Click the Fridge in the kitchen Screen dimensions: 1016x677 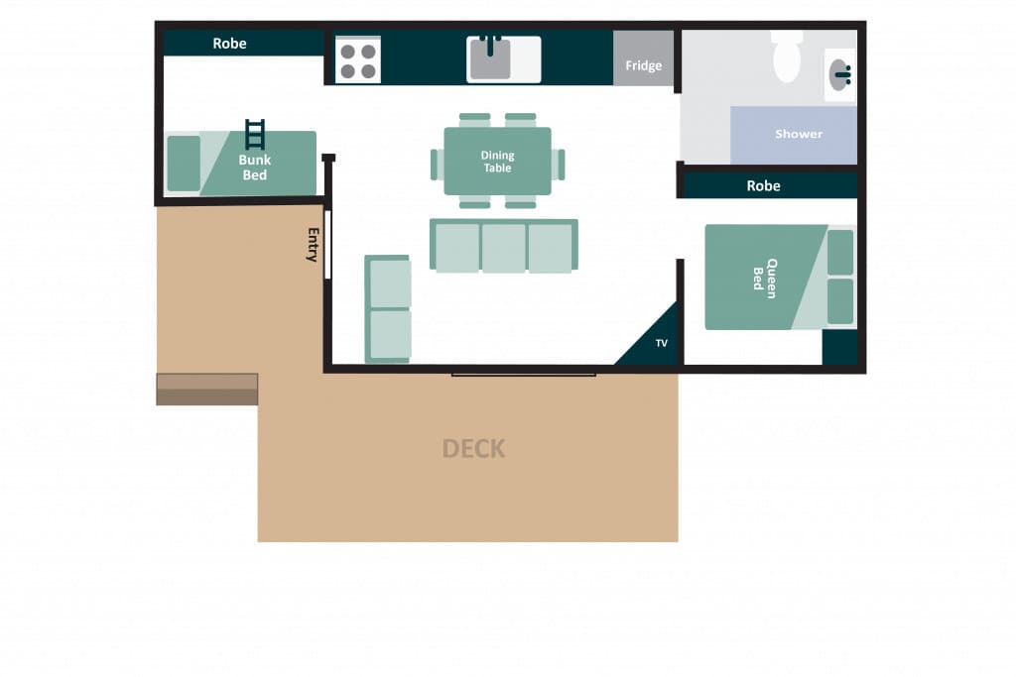click(643, 57)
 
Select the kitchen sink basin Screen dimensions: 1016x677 click(490, 58)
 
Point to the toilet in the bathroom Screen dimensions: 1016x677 click(787, 56)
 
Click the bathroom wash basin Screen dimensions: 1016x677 click(839, 74)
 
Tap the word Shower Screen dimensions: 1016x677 click(799, 134)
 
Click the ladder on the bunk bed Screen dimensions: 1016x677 click(255, 134)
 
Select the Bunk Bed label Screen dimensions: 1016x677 click(255, 167)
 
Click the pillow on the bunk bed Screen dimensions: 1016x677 click(184, 164)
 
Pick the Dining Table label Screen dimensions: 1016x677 click(498, 162)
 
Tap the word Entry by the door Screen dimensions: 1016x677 click(313, 244)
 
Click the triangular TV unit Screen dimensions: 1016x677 click(654, 341)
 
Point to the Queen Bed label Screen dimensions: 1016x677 click(765, 278)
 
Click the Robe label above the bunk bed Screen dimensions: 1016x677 click(229, 44)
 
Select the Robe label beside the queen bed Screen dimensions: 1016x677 click(763, 185)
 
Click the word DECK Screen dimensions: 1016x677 click(473, 449)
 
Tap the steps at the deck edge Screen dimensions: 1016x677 click(207, 389)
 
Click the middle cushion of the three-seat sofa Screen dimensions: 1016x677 click(503, 248)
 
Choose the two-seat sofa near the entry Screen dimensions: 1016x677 click(388, 309)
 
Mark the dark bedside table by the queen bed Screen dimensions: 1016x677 click(839, 348)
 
